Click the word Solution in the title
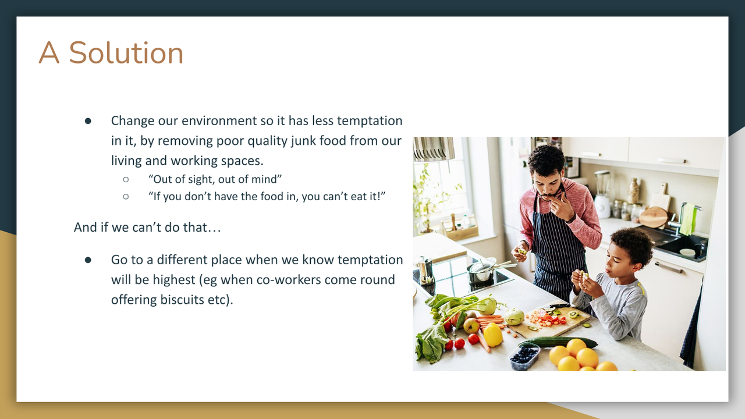pos(126,52)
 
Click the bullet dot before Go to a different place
pos(88,260)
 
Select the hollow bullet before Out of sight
pos(126,180)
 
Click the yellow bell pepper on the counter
pos(493,335)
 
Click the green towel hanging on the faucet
pos(688,219)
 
